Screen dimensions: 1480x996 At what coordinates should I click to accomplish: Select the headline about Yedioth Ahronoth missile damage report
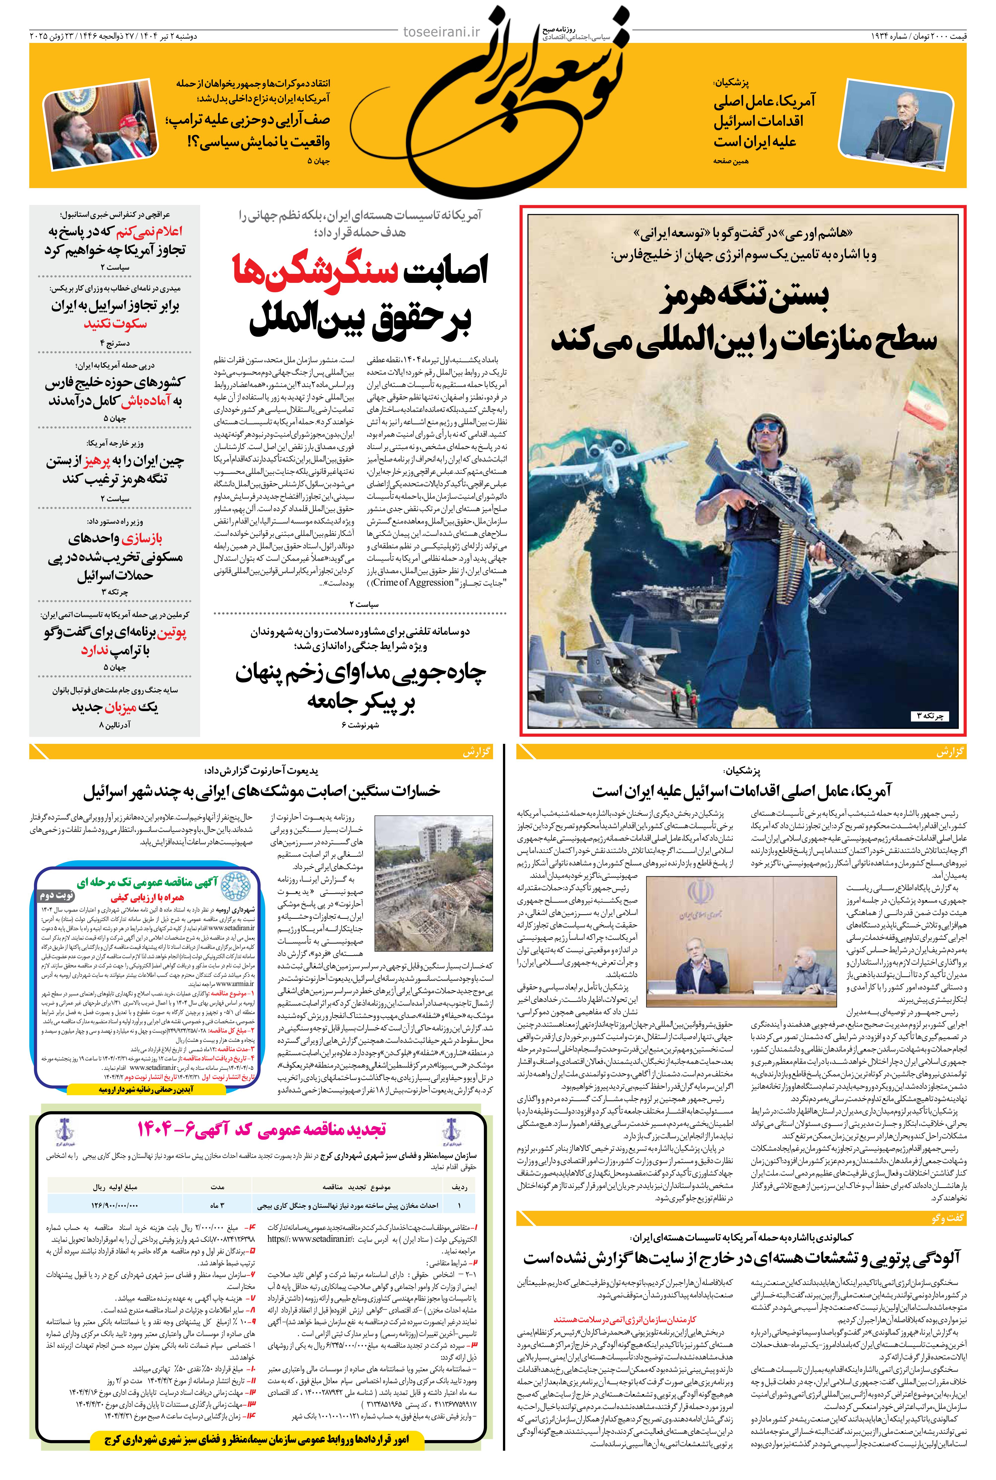[x=262, y=792]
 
